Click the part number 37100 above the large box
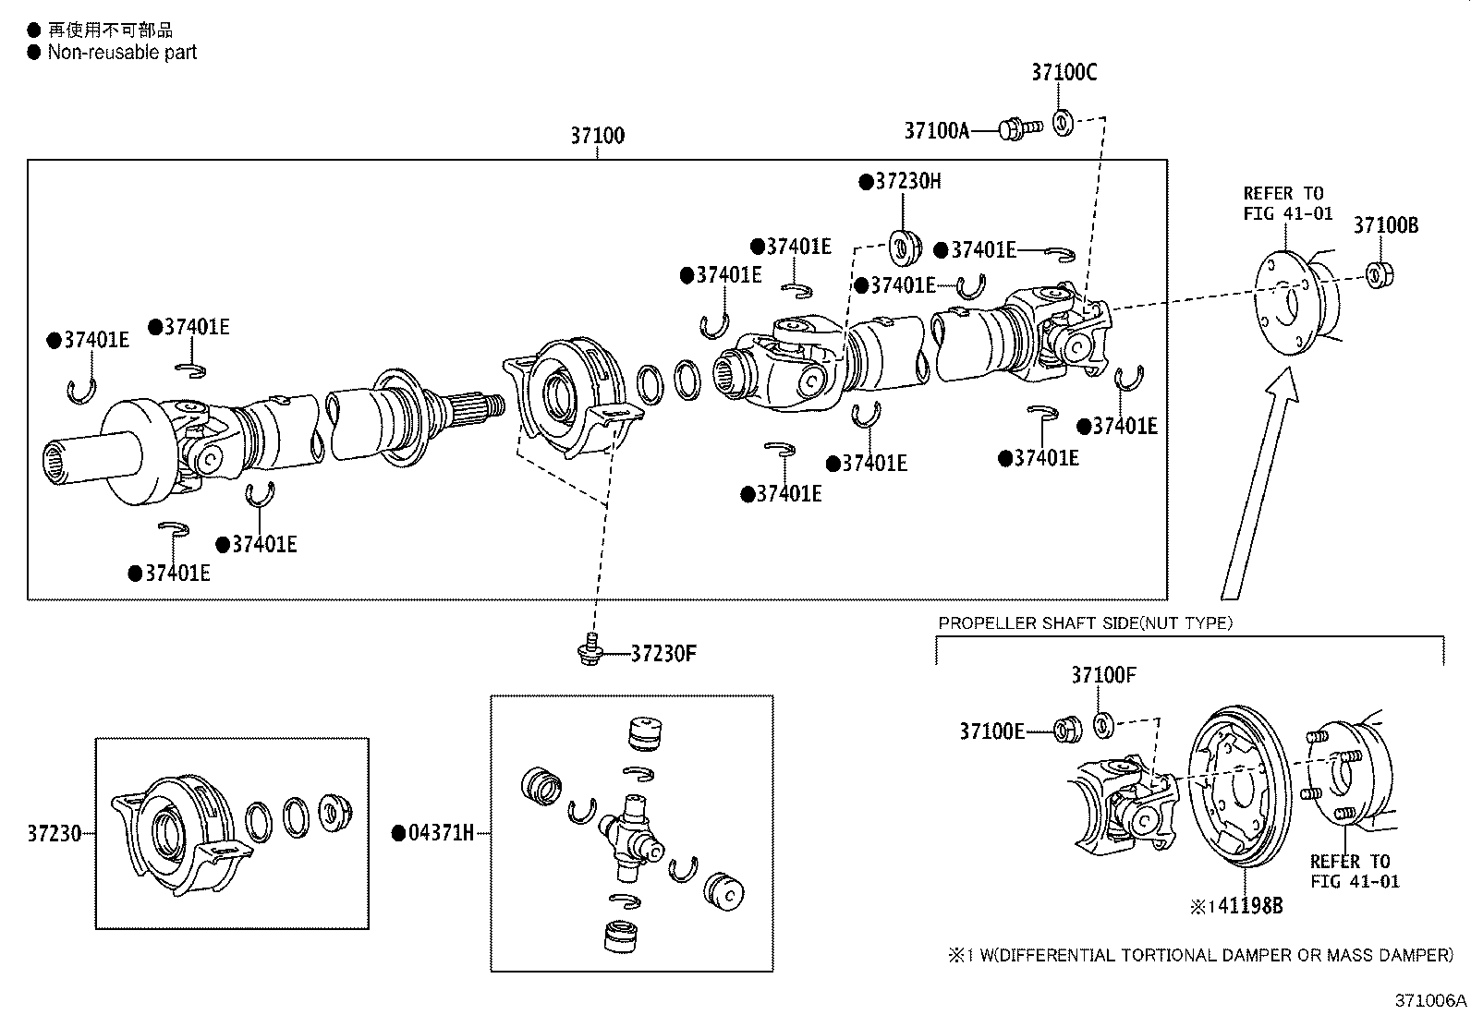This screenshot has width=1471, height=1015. (x=597, y=136)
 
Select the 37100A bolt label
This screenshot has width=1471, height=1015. (x=936, y=131)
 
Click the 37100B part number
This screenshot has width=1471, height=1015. (x=1385, y=225)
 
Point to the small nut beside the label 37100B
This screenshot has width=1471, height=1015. (x=1380, y=274)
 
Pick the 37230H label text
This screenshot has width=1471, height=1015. (x=907, y=181)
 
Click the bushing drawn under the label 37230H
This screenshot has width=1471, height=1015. (x=903, y=247)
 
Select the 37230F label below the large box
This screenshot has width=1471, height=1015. (x=663, y=654)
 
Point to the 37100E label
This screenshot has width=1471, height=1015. (x=991, y=731)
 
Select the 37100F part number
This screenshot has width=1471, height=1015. (x=1103, y=676)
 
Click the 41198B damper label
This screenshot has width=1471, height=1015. (x=1247, y=906)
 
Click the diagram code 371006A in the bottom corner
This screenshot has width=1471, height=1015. (x=1430, y=1000)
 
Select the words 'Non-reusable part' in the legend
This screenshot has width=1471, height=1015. (x=122, y=53)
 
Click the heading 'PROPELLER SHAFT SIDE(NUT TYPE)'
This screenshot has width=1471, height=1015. (x=1085, y=623)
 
